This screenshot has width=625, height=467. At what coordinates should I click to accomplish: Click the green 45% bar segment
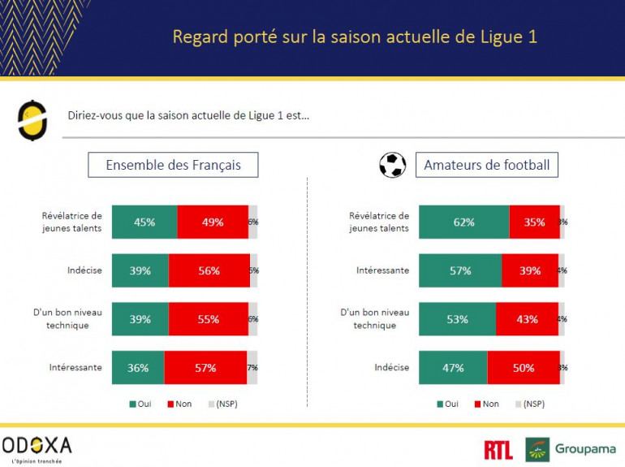pyautogui.click(x=144, y=222)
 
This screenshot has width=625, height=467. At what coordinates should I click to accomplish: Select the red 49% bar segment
pyautogui.click(x=213, y=222)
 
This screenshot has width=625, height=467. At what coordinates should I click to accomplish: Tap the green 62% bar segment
pyautogui.click(x=463, y=222)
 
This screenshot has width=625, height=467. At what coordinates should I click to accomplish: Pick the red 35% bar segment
pyautogui.click(x=534, y=222)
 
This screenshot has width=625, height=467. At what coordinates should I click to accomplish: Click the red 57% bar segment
pyautogui.click(x=205, y=367)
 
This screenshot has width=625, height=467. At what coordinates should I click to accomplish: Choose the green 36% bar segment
pyautogui.click(x=138, y=367)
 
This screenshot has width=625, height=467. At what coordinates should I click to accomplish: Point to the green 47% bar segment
pyautogui.click(x=453, y=367)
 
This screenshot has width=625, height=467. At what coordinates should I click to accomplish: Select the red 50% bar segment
pyautogui.click(x=524, y=367)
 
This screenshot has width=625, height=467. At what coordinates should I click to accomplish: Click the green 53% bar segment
pyautogui.click(x=457, y=319)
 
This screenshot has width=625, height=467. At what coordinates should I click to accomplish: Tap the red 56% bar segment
pyautogui.click(x=209, y=270)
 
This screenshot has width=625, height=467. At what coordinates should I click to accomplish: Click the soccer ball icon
pyautogui.click(x=393, y=166)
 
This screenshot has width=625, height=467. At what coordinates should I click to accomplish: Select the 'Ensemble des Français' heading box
pyautogui.click(x=174, y=165)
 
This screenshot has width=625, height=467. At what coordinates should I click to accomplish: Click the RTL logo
pyautogui.click(x=498, y=449)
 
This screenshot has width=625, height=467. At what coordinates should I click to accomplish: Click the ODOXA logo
pyautogui.click(x=37, y=447)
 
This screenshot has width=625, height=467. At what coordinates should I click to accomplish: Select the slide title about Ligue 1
pyautogui.click(x=355, y=37)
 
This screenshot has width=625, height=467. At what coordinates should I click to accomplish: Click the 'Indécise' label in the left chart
pyautogui.click(x=84, y=270)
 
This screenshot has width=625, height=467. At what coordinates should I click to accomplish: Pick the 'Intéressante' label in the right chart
pyautogui.click(x=381, y=270)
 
